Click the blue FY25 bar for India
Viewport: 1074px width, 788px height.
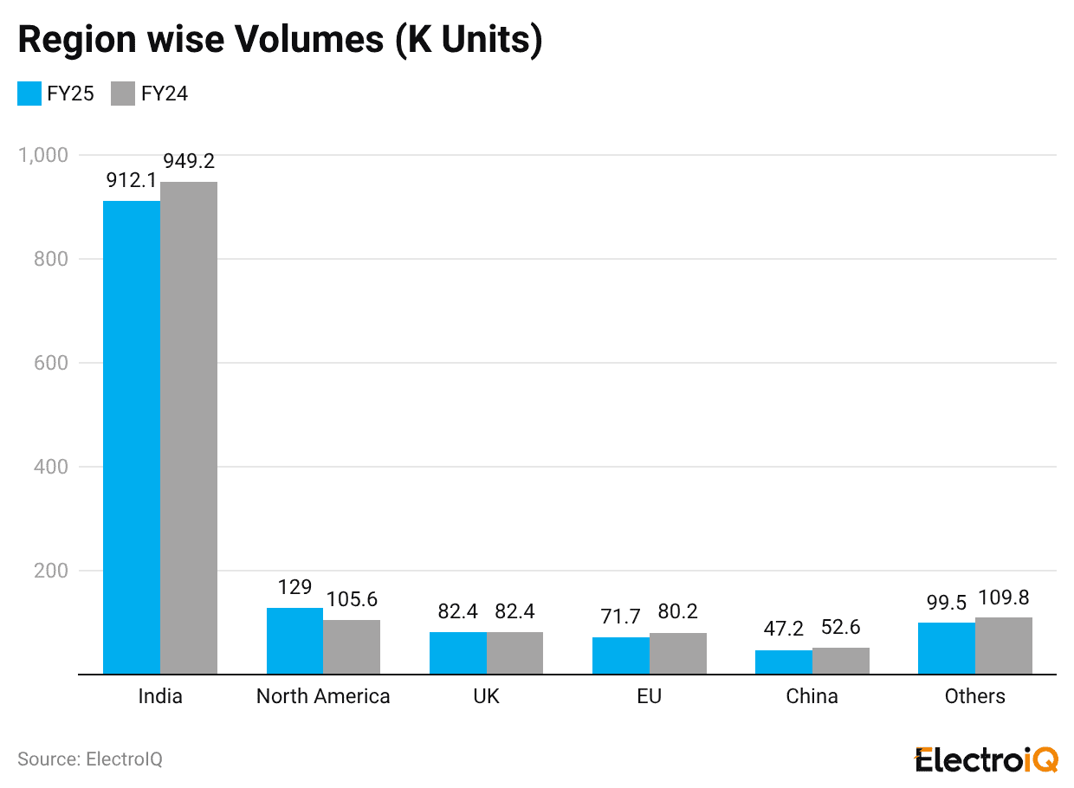(132, 437)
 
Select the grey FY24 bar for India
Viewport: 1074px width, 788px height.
(189, 428)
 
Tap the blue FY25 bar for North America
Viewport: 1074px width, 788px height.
(294, 641)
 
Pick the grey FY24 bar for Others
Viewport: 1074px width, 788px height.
(1004, 646)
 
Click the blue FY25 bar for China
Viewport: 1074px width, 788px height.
(784, 662)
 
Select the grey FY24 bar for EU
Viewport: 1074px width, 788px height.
(678, 654)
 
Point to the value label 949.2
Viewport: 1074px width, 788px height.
(189, 162)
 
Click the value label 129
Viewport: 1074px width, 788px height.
(294, 587)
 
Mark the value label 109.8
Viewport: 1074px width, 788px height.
(1004, 597)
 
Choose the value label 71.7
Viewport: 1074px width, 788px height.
(621, 617)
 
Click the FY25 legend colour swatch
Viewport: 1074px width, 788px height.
(29, 94)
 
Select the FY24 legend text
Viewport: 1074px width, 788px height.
(165, 94)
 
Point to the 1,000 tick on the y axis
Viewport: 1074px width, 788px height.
(42, 155)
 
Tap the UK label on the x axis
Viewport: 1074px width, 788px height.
(487, 696)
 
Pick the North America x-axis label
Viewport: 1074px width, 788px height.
(323, 696)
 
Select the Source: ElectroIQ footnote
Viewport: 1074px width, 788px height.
(90, 759)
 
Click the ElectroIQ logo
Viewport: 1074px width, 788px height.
(987, 759)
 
